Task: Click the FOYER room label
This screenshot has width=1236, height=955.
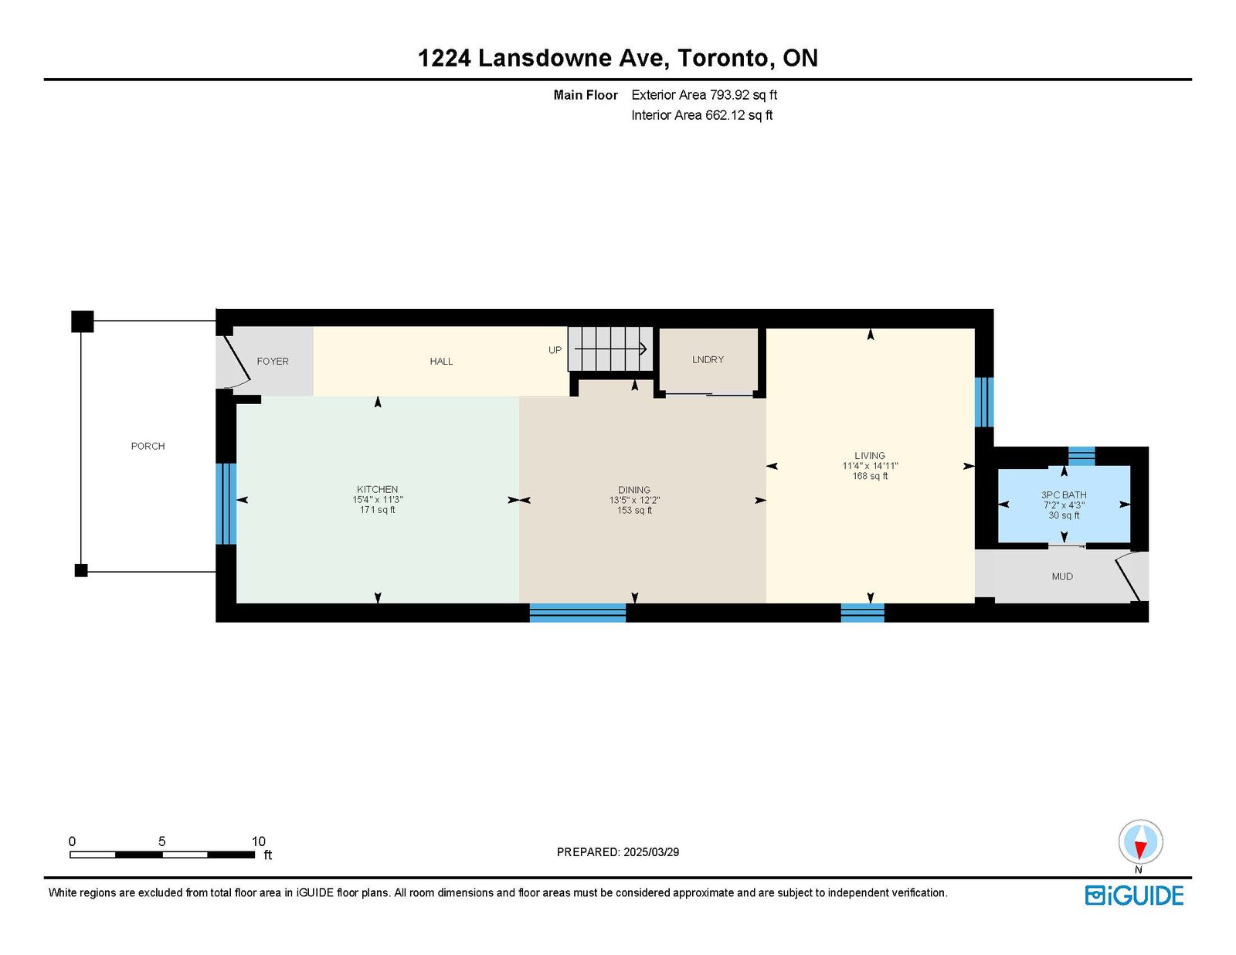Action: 273,361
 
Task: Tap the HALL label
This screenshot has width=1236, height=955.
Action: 441,361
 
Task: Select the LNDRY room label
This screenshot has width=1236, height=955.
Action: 708,359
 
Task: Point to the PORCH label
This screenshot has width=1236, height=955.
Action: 148,446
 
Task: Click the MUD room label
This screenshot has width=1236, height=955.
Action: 1062,576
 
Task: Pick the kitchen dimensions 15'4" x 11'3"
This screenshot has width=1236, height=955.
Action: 378,499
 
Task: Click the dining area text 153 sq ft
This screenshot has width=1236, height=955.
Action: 634,510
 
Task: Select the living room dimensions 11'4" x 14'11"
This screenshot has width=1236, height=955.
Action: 870,465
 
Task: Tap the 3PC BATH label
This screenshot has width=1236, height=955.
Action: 1064,494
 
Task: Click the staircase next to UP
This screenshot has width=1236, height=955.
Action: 610,348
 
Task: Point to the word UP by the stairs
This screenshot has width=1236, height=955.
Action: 555,350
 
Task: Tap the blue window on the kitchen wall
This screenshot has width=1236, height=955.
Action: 226,504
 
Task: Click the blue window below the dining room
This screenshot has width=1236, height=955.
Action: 577,613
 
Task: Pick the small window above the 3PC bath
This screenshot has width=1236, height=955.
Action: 1081,456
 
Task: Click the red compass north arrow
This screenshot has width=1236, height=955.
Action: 1140,849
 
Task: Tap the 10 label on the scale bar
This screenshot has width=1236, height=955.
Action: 259,841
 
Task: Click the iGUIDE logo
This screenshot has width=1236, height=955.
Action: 1134,896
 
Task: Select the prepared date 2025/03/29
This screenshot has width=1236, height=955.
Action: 651,852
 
